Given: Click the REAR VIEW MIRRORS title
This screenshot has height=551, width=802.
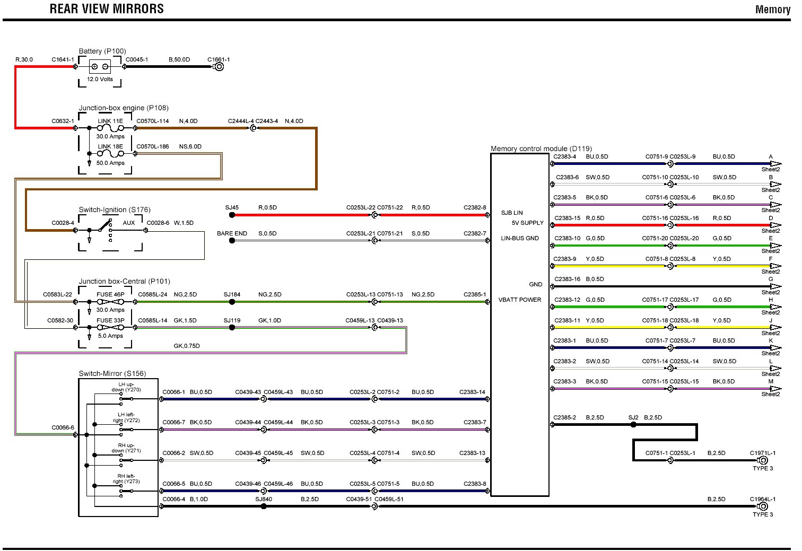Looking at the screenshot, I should [107, 9].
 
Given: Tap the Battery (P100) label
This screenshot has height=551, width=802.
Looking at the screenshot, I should [102, 51].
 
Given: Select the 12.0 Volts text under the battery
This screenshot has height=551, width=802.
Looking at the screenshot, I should [100, 79].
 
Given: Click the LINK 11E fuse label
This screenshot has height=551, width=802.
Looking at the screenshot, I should [110, 121].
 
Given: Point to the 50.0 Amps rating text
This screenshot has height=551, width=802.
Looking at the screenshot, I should [110, 163].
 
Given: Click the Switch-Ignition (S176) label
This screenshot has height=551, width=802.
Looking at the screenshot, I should [115, 209].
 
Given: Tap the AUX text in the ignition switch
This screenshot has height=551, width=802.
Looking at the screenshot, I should [129, 223].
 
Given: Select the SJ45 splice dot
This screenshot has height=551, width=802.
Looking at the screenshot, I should [232, 215].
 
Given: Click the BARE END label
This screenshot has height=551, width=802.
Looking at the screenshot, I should [232, 233].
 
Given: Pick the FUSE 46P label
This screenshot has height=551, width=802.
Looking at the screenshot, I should [110, 294].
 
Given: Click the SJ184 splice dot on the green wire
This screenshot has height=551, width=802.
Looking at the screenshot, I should [232, 302].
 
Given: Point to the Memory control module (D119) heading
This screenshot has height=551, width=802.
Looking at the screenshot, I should [541, 148].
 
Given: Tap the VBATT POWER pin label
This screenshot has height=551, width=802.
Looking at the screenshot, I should [520, 300].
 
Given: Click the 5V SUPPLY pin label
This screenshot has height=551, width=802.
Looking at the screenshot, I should [527, 223].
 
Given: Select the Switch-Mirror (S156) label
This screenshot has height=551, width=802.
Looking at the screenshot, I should [112, 373].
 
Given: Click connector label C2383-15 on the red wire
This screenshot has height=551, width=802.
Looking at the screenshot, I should [567, 218].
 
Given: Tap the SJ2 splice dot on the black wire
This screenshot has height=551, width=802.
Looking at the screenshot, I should [633, 424].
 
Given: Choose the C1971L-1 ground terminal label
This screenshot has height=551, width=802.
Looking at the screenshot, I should [762, 453].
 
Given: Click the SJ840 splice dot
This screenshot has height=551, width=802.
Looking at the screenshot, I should [264, 506].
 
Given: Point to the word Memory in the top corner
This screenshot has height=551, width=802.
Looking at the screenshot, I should [772, 10].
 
